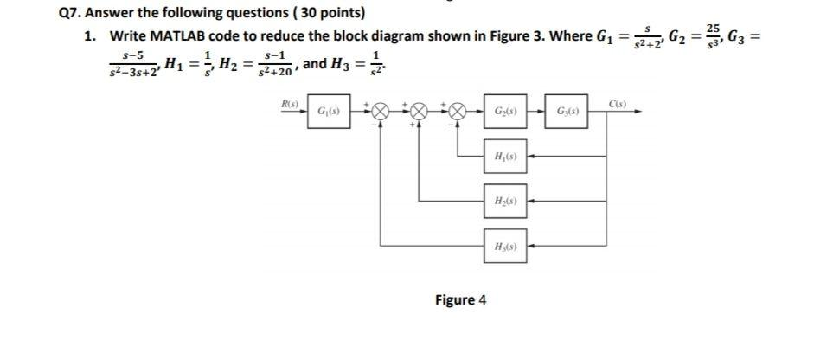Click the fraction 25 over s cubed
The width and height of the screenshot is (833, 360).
pos(714,37)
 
